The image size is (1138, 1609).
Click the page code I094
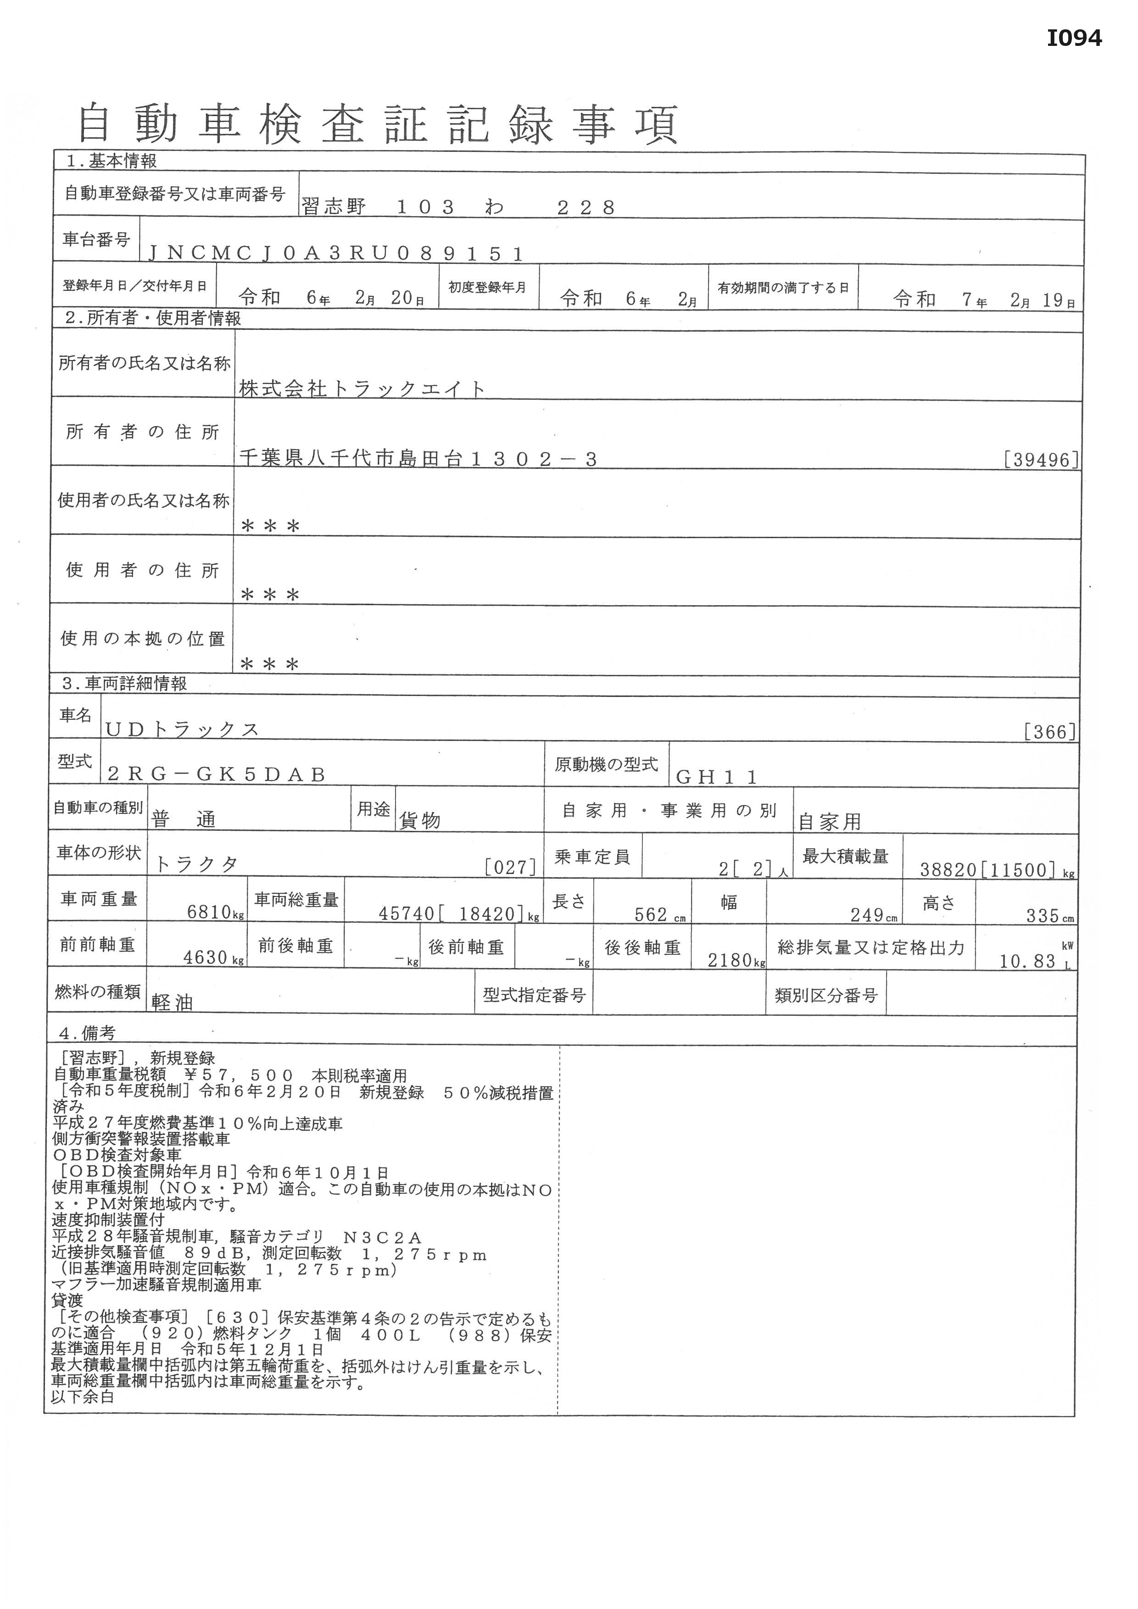click(1074, 38)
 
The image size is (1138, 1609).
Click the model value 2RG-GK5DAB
click(217, 774)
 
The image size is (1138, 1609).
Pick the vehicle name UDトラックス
click(182, 729)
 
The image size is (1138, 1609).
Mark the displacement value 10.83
click(1027, 962)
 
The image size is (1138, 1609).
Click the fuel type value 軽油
click(173, 1003)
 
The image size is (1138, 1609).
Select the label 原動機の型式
click(606, 764)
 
